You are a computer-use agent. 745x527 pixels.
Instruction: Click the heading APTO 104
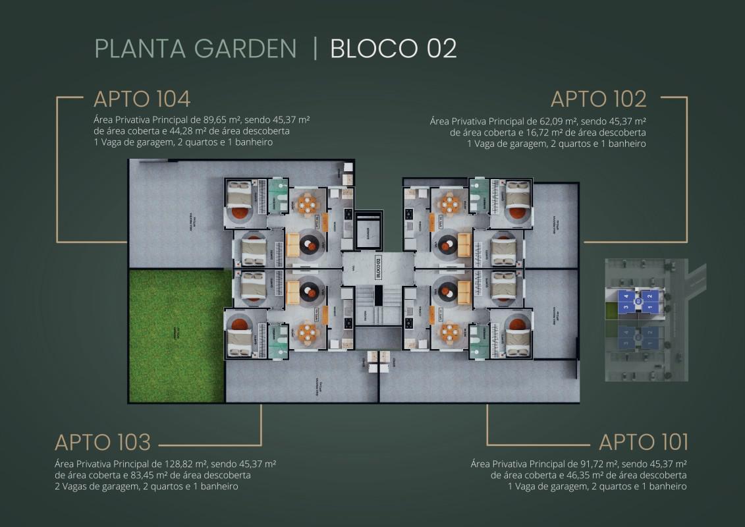click(142, 99)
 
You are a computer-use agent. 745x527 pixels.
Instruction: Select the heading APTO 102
click(598, 99)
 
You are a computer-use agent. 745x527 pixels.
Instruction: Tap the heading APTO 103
click(103, 441)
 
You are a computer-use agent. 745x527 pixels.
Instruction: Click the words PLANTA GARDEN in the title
click(196, 49)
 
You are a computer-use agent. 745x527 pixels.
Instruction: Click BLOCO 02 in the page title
click(393, 49)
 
